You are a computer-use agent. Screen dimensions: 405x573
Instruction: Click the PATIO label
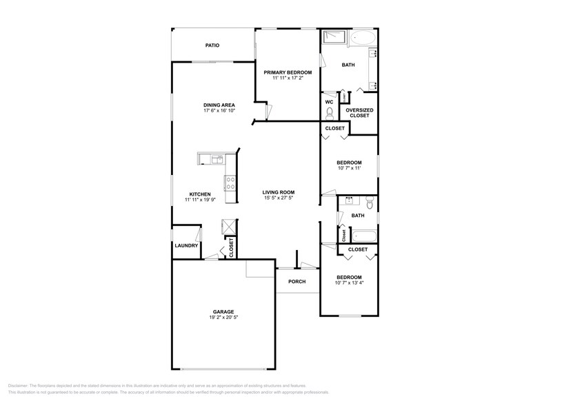pyautogui.click(x=212, y=45)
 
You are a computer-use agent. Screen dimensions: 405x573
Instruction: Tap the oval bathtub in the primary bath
pyautogui.click(x=363, y=38)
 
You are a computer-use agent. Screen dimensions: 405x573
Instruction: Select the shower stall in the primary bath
pyautogui.click(x=334, y=38)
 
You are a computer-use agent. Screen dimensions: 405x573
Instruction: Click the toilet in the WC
pyautogui.click(x=330, y=113)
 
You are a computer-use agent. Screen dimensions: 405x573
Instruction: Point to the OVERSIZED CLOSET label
pyautogui.click(x=359, y=112)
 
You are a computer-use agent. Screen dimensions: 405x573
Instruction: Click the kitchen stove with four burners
pyautogui.click(x=230, y=183)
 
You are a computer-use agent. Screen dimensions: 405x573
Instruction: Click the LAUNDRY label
pyautogui.click(x=186, y=245)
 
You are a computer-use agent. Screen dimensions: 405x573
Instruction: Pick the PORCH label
pyautogui.click(x=297, y=281)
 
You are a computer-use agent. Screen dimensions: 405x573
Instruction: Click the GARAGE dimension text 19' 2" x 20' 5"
pyautogui.click(x=223, y=318)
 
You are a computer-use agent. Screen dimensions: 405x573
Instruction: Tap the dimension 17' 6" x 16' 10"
pyautogui.click(x=219, y=111)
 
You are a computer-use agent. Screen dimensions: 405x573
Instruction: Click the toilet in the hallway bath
pyautogui.click(x=370, y=202)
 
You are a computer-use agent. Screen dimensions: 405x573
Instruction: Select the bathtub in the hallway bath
pyautogui.click(x=361, y=236)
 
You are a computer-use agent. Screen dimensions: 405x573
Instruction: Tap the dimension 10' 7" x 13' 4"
pyautogui.click(x=349, y=282)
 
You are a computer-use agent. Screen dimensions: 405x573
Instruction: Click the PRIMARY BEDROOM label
pyautogui.click(x=288, y=72)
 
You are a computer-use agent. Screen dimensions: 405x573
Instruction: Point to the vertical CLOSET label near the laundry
pyautogui.click(x=231, y=247)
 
